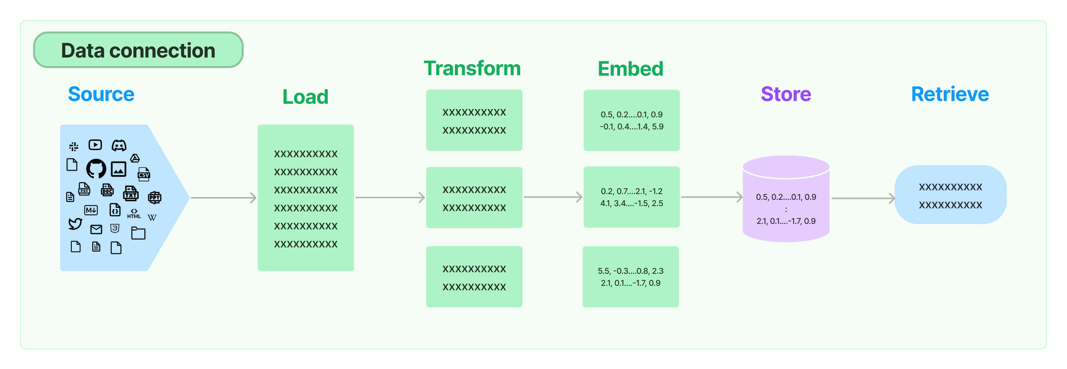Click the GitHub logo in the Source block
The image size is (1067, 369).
pyautogui.click(x=96, y=168)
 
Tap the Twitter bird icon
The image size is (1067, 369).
pyautogui.click(x=75, y=224)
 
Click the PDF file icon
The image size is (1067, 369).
pyautogui.click(x=84, y=189)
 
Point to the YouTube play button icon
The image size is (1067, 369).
pyautogui.click(x=95, y=145)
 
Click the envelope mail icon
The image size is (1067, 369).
pyautogui.click(x=96, y=229)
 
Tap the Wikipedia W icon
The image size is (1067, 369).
pyautogui.click(x=152, y=217)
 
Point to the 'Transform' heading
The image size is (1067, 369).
pyautogui.click(x=472, y=68)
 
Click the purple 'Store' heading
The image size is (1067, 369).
pyautogui.click(x=786, y=94)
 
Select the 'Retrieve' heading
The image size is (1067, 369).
pyautogui.click(x=950, y=94)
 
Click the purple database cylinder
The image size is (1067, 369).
pyautogui.click(x=786, y=199)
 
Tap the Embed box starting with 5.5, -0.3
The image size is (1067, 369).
pyautogui.click(x=631, y=277)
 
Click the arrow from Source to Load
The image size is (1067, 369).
pyautogui.click(x=223, y=198)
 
